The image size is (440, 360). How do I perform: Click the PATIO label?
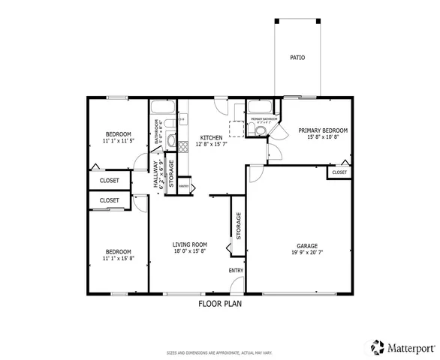(297, 58)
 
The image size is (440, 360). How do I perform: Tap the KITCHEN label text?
(211, 137)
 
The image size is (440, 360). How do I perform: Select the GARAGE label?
(307, 246)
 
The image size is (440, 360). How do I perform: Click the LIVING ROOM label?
(189, 244)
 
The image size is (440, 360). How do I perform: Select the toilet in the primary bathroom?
(260, 130)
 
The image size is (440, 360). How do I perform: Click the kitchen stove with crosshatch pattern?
(182, 146)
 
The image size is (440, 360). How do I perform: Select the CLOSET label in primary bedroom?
(339, 172)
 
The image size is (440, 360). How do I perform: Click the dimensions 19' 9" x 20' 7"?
(307, 253)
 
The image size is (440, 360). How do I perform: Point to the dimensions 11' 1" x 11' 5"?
(119, 140)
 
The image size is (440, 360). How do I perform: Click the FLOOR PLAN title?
(220, 304)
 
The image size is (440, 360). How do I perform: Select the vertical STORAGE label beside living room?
(239, 225)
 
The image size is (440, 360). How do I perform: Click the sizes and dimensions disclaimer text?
(219, 352)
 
